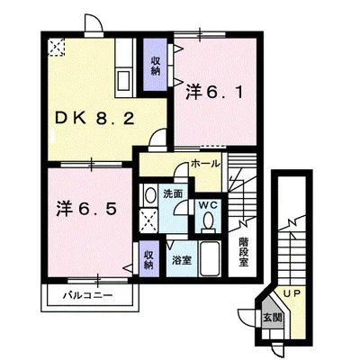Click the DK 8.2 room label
tap(94, 119)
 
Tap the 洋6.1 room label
tap(214, 92)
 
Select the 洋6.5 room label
tap(87, 208)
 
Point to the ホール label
tap(205, 164)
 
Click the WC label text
tap(207, 205)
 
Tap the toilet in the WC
tap(208, 222)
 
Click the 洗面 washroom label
tap(173, 193)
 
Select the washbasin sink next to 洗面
tap(149, 195)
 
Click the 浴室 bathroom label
tap(182, 260)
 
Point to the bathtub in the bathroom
tap(210, 258)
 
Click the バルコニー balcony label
tap(88, 295)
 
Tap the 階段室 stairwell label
tap(244, 252)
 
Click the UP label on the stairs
tap(292, 294)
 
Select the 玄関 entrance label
tap(273, 318)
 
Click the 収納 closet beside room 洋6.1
tap(155, 66)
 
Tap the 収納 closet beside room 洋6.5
tap(149, 259)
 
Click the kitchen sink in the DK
tap(124, 80)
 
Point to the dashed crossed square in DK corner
tap(57, 47)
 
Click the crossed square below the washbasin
tap(149, 220)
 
